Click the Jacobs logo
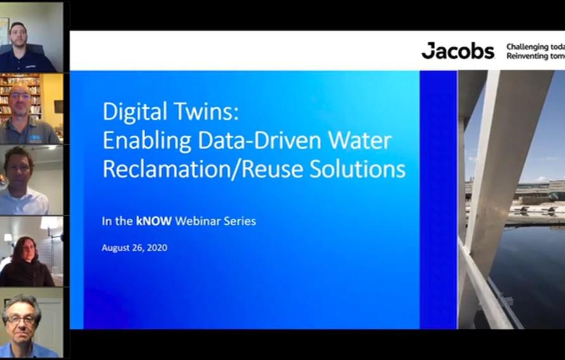coord(458,51)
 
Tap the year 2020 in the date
coord(156,248)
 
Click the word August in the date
coord(117,248)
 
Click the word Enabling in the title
coord(148,140)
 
